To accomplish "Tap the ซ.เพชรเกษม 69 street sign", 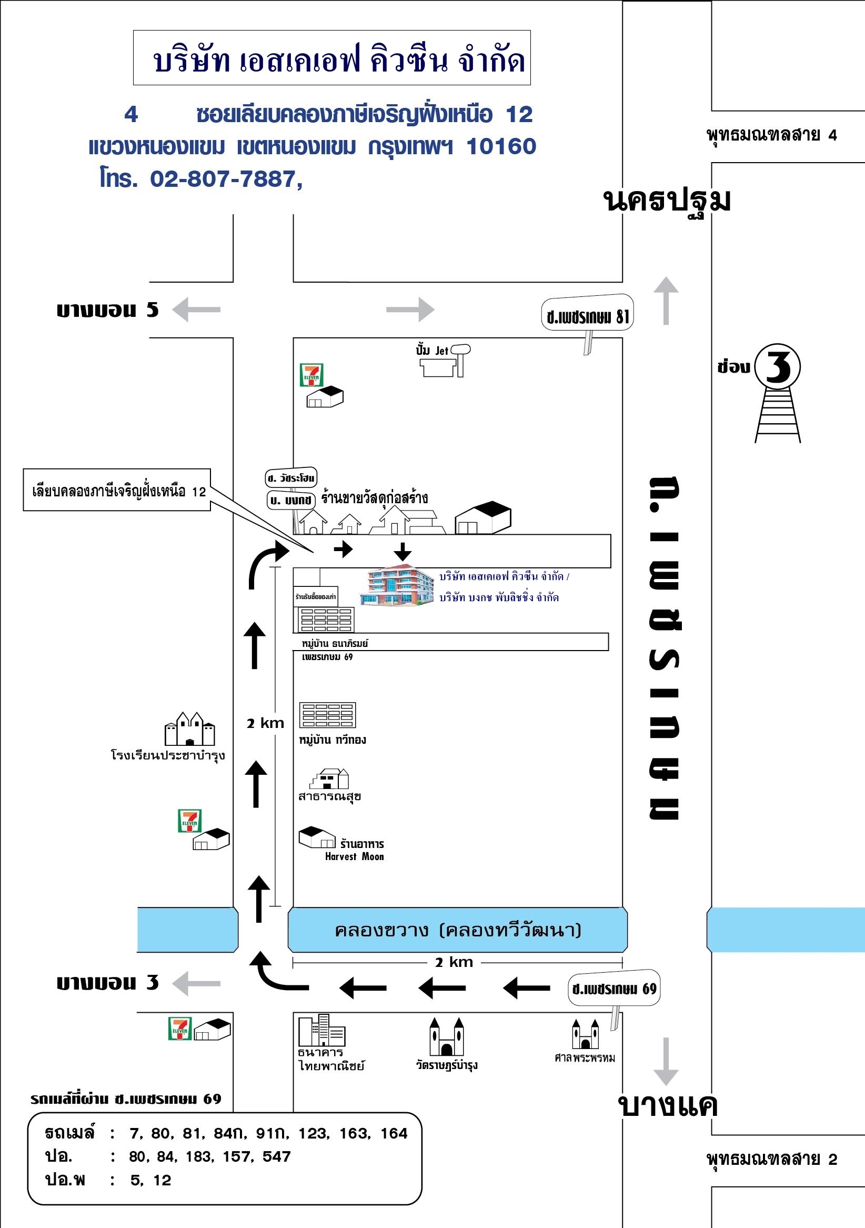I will tap(613, 989).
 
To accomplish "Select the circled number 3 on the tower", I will tap(778, 367).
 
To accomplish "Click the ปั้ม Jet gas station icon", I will tap(444, 362).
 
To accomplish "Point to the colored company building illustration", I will tap(397, 585).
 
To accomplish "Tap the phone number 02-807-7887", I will tap(223, 179).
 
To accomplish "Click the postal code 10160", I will tap(501, 146).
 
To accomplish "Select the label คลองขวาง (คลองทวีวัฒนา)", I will tap(458, 930).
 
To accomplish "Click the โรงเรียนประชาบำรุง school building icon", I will tap(190, 728).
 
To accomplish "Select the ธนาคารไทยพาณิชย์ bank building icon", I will tap(321, 1031).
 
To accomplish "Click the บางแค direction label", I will tap(667, 1105).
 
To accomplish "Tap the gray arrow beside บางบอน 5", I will tap(196, 310).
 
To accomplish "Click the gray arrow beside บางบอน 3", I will tap(196, 984).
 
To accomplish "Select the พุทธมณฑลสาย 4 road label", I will tap(771, 135).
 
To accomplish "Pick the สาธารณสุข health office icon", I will tap(329, 778).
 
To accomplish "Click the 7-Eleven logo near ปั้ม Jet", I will tap(311, 375).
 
